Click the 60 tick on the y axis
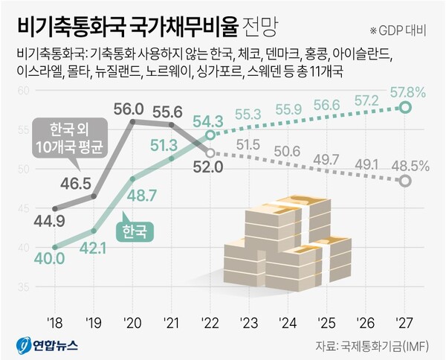tap(22, 91)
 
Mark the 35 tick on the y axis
tap(22, 286)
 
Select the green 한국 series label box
tap(135, 231)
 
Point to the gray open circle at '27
tap(405, 181)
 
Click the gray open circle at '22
tap(210, 152)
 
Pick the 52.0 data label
tap(208, 167)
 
